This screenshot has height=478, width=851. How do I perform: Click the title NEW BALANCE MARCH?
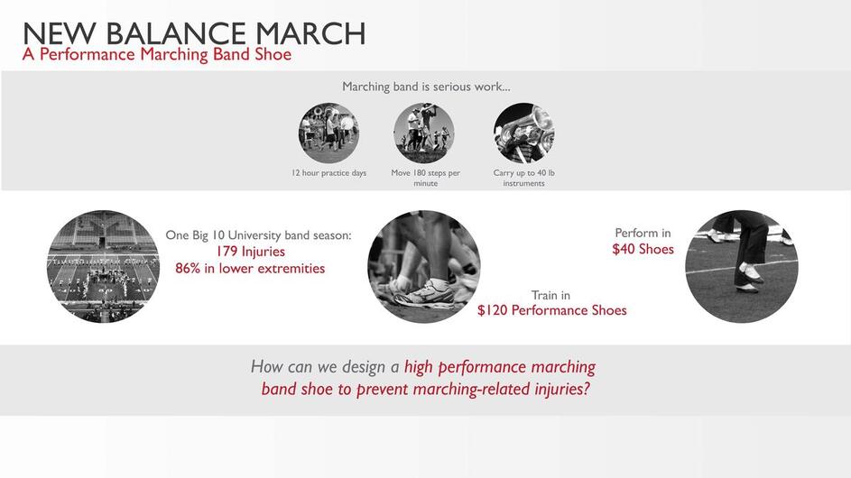(x=194, y=33)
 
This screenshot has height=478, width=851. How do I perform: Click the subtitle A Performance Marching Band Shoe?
(x=157, y=54)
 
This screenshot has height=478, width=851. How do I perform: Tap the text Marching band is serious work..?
(x=426, y=87)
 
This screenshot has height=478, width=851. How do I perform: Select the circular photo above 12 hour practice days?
(x=328, y=133)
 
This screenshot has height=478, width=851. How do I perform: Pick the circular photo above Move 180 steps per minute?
(x=424, y=133)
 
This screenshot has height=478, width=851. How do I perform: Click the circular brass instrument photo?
(x=523, y=133)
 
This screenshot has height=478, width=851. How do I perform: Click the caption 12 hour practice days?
(x=328, y=173)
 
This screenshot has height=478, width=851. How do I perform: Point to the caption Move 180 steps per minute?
(x=426, y=178)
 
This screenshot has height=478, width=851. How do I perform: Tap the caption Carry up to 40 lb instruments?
(x=523, y=178)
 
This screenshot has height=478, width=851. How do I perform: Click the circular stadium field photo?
(x=103, y=266)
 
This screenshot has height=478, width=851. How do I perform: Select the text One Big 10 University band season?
(x=258, y=235)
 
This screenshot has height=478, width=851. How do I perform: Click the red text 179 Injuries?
(x=250, y=252)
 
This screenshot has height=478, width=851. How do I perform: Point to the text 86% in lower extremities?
(x=250, y=269)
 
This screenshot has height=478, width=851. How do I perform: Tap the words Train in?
(x=550, y=295)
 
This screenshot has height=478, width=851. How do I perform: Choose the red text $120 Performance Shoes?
(x=552, y=310)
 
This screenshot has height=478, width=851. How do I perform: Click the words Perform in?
(x=643, y=233)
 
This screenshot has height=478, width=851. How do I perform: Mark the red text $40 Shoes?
(x=643, y=249)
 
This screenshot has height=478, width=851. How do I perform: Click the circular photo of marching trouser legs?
(x=742, y=266)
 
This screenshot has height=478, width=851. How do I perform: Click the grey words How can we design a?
(x=325, y=367)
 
